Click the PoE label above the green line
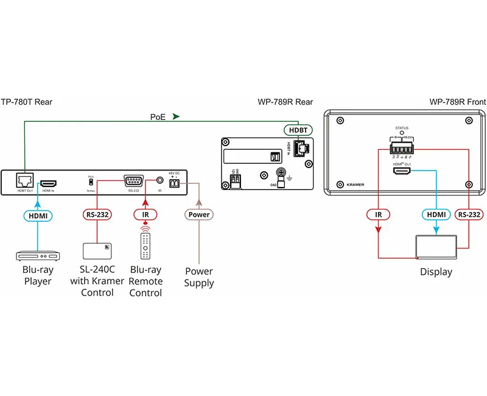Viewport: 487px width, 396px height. point(157,116)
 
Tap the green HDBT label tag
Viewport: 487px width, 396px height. point(298,130)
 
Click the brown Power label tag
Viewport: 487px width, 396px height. point(198,214)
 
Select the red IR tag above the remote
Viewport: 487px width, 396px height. point(145,214)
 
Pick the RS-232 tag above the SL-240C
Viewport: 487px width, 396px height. point(97,214)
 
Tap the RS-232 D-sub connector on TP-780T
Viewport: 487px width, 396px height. point(133,180)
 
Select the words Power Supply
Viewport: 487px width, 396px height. point(199,277)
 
